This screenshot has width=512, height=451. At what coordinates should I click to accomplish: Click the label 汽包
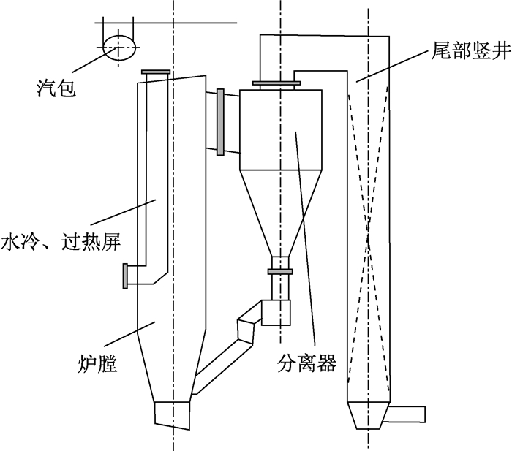pos(56,88)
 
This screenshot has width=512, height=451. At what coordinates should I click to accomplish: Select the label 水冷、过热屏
pos(61,241)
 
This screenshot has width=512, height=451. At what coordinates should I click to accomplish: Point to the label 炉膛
pos(97,364)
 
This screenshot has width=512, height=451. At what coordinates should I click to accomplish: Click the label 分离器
pos(306,363)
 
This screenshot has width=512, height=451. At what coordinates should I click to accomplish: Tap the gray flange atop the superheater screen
pos(155,72)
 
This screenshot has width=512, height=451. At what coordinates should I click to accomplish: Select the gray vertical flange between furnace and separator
pos(220,122)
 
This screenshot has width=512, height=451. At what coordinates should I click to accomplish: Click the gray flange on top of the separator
pos(276,83)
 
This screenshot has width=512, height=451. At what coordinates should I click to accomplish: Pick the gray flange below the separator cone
pos(280,271)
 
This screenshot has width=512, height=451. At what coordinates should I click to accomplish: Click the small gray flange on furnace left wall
pos(125,276)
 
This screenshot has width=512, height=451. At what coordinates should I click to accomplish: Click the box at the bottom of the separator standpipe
pos(276,313)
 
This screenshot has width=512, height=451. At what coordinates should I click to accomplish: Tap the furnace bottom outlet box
pos(172,415)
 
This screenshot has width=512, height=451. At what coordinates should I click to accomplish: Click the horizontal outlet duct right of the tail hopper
pos(405,414)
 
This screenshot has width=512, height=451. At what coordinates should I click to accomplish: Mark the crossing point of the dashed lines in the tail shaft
pos(369,232)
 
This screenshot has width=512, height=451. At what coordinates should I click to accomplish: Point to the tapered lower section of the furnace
pos(172,365)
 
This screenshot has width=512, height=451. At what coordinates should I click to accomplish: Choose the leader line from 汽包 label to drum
pos(94,59)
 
